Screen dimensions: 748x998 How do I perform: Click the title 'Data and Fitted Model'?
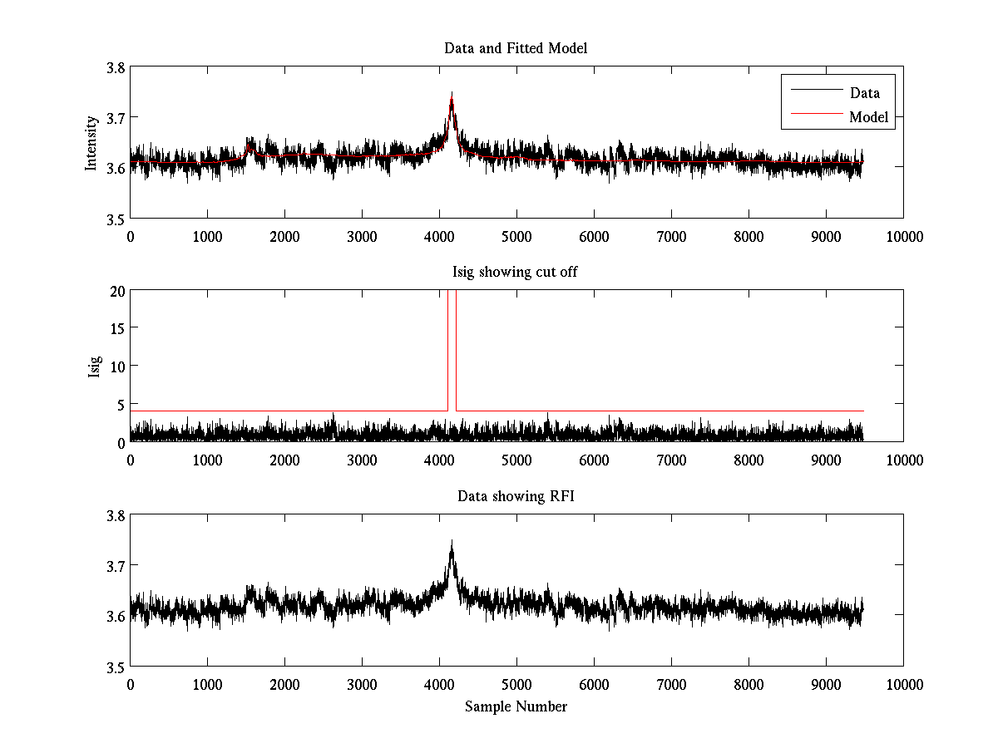[x=516, y=48]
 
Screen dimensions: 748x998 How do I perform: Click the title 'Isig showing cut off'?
[x=516, y=272]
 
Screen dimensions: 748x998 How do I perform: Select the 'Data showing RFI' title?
[x=516, y=496]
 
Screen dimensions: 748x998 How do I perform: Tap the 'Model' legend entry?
[x=868, y=117]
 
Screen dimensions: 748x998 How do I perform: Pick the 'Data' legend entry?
[x=864, y=93]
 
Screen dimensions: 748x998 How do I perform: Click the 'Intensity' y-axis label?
[x=91, y=142]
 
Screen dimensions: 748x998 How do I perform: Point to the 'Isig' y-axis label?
[x=93, y=366]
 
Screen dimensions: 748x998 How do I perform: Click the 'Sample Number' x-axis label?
[x=516, y=706]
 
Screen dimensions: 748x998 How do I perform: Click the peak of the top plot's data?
[x=452, y=93]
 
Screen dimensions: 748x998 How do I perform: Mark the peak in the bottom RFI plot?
[x=452, y=541]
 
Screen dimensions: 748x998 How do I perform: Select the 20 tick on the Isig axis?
[x=116, y=291]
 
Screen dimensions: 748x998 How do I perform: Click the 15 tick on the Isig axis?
[x=116, y=328]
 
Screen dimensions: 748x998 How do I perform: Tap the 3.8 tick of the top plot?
[x=116, y=68]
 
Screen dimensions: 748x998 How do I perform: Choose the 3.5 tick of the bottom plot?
[x=116, y=667]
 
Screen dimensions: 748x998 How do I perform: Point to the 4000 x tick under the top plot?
[x=439, y=236]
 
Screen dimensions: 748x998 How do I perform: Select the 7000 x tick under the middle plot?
[x=671, y=460]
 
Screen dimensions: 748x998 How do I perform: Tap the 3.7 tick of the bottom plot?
[x=116, y=566]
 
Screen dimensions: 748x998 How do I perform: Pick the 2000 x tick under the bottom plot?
[x=284, y=684]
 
